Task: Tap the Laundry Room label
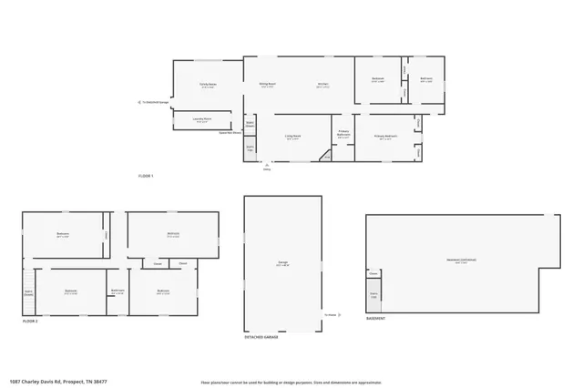pyautogui.click(x=202, y=119)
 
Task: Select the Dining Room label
pyautogui.click(x=267, y=85)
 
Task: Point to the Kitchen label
pyautogui.click(x=322, y=85)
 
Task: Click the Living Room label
pyautogui.click(x=292, y=138)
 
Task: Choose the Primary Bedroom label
pyautogui.click(x=386, y=138)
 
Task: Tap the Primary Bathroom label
pyautogui.click(x=343, y=133)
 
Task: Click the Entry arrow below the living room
pyautogui.click(x=267, y=165)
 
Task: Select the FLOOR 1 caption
pyautogui.click(x=146, y=175)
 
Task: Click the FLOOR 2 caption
pyautogui.click(x=31, y=322)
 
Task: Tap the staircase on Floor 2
pyautogui.click(x=28, y=293)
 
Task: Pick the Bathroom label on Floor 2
pyautogui.click(x=118, y=291)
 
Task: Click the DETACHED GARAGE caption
pyautogui.click(x=261, y=337)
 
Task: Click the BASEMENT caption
pyautogui.click(x=375, y=319)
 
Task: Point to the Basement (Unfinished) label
pyautogui.click(x=461, y=260)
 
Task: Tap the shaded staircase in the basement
pyautogui.click(x=373, y=295)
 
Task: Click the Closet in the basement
pyautogui.click(x=373, y=273)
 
